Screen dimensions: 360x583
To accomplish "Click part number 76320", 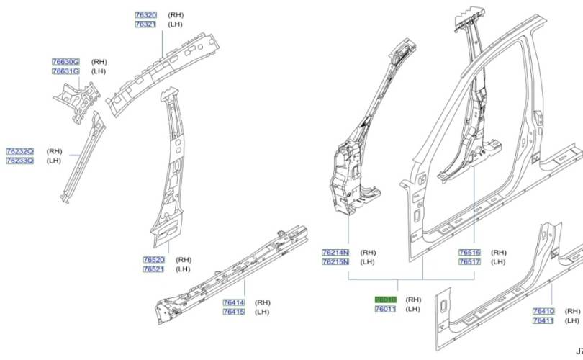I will click(x=145, y=14).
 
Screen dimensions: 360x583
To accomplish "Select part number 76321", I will click(x=145, y=24).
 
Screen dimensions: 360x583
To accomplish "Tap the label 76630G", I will click(x=65, y=62).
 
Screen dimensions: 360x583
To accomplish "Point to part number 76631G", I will click(x=65, y=71).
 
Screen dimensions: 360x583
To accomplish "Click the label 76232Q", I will click(x=19, y=151).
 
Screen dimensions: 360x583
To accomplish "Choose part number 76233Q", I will click(x=19, y=161).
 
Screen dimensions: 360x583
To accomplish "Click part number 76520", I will click(x=153, y=259).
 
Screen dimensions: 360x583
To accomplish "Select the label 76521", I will click(x=153, y=269).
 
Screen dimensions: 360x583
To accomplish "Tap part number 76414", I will click(x=233, y=302).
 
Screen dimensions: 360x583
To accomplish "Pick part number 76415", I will click(x=233, y=312).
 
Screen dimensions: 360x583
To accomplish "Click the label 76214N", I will click(x=335, y=253).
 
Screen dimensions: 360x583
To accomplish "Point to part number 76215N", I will click(x=335, y=262).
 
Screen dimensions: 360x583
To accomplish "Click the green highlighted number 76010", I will click(x=385, y=299).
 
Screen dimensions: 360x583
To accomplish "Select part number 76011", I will click(x=385, y=309).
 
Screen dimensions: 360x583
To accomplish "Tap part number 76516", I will click(x=469, y=253).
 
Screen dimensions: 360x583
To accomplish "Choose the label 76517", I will click(x=469, y=262).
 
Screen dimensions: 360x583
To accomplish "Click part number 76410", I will click(x=543, y=311).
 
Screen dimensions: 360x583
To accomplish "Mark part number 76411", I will click(x=543, y=320).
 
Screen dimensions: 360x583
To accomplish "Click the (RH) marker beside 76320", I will click(x=176, y=14).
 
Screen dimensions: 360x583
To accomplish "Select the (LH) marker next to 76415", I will click(x=261, y=312).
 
